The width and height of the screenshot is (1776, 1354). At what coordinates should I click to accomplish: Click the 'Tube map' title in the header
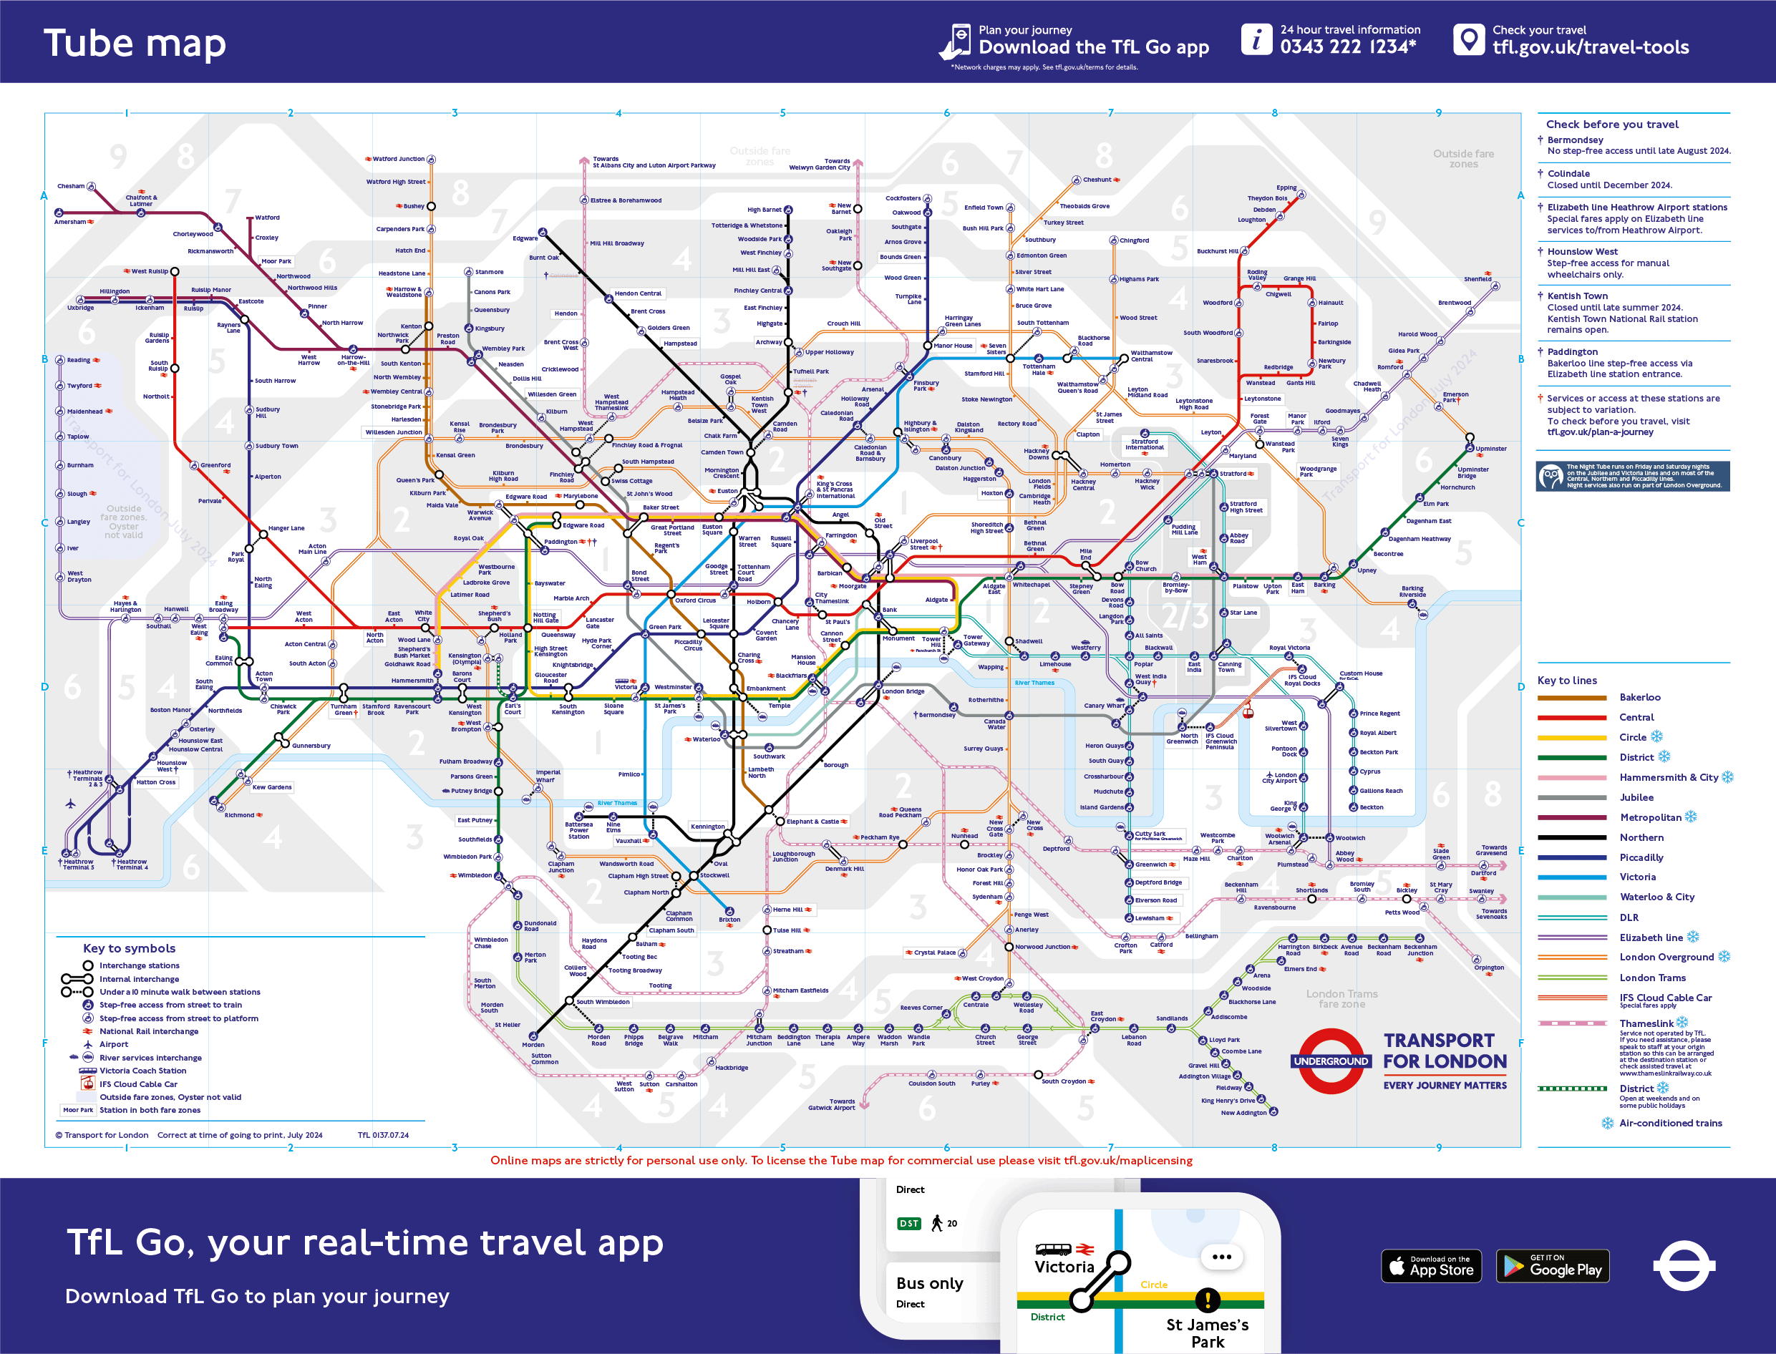[x=135, y=44]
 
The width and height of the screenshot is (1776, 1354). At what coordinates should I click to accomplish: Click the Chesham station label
[x=71, y=186]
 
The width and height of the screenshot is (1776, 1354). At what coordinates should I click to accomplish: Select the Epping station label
[x=1286, y=187]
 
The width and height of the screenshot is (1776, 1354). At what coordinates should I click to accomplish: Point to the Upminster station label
[x=1490, y=449]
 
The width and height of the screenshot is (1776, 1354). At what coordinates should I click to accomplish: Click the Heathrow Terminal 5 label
[x=78, y=864]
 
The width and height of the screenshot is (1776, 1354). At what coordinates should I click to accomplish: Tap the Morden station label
[x=533, y=1045]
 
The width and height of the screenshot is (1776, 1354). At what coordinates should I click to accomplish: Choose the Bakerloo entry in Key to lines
[x=1640, y=697]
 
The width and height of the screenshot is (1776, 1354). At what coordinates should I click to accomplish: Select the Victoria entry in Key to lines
[x=1637, y=877]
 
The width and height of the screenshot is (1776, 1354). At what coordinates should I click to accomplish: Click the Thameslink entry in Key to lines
[x=1646, y=1023]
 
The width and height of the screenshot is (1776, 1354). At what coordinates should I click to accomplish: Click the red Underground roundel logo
[x=1330, y=1061]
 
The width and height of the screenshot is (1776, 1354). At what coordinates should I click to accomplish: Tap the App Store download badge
[x=1431, y=1266]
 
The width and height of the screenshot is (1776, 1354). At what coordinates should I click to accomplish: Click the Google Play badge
[x=1552, y=1266]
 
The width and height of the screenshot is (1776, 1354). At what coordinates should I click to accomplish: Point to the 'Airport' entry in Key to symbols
[x=114, y=1045]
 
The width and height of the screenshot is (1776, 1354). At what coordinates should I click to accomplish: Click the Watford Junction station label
[x=398, y=159]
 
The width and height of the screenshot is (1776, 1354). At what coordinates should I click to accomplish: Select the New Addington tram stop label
[x=1243, y=1113]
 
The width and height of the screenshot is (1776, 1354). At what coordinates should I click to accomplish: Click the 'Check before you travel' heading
[x=1611, y=124]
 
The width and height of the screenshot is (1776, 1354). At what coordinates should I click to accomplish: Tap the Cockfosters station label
[x=903, y=198]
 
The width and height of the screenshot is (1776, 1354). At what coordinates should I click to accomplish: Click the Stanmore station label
[x=490, y=273]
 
